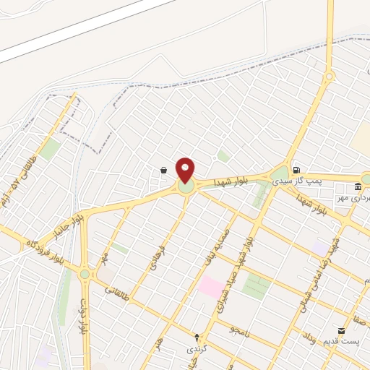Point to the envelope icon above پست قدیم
(342, 330)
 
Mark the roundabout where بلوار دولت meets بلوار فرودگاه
(85, 274)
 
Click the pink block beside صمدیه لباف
(211, 285)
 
